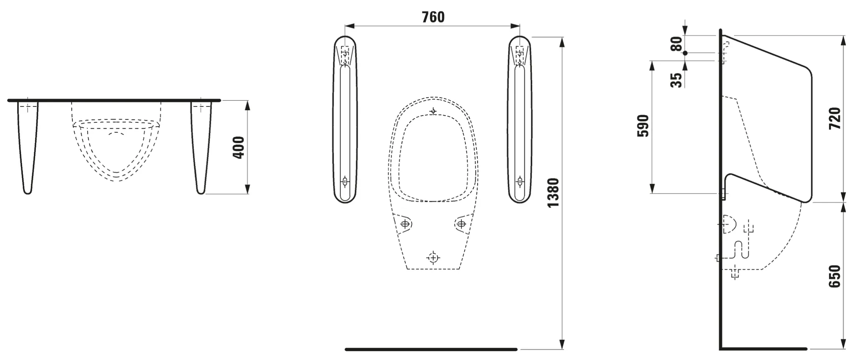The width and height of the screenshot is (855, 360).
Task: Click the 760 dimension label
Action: pyautogui.click(x=433, y=17)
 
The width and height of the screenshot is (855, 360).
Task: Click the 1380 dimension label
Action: pyautogui.click(x=553, y=193)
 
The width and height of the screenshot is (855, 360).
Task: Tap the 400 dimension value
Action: pyautogui.click(x=239, y=147)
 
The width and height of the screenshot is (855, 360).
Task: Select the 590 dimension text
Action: pyautogui.click(x=643, y=126)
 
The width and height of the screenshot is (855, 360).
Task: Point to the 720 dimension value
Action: pyautogui.click(x=835, y=118)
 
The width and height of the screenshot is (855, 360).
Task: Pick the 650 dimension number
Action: pyautogui.click(x=835, y=276)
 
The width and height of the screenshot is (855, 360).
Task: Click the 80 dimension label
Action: pyautogui.click(x=676, y=44)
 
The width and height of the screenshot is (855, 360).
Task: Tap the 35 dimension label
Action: pyautogui.click(x=676, y=80)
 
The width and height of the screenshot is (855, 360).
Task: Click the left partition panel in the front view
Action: pyautogui.click(x=345, y=119)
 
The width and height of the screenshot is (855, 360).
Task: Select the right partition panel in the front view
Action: pyautogui.click(x=520, y=119)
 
